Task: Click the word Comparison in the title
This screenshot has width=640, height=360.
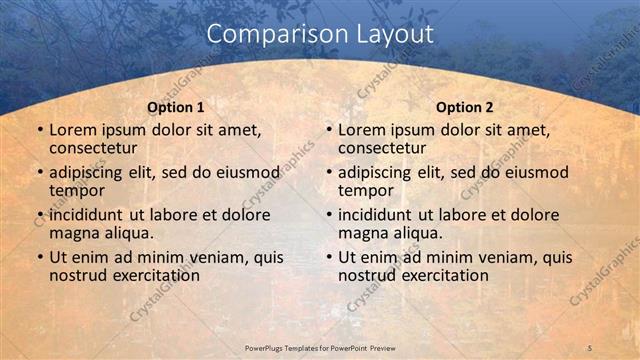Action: tap(266, 34)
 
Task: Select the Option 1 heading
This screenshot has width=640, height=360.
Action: tap(176, 107)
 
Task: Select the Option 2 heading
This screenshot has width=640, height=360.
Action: tap(465, 107)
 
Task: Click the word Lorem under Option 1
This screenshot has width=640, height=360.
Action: tap(72, 130)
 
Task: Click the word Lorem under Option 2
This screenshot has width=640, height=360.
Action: tap(361, 130)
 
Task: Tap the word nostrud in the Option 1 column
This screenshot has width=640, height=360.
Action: tap(78, 275)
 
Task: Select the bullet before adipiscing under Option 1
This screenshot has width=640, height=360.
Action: tap(39, 173)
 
